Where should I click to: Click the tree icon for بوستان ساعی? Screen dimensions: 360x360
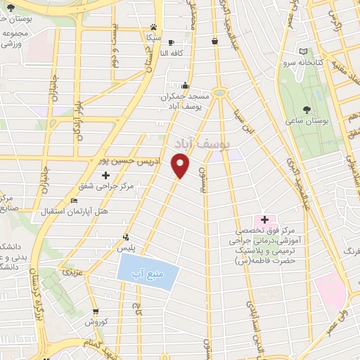coord(307,109)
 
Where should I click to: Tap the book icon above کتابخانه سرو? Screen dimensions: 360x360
coord(303,51)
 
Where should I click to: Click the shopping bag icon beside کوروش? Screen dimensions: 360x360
coord(96,311)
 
